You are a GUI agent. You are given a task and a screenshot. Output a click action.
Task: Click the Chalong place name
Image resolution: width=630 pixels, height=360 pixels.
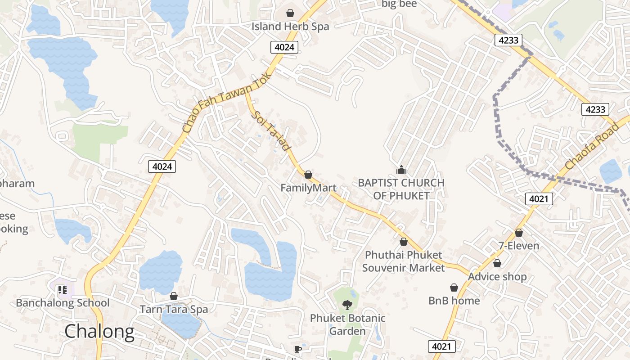click(99, 332)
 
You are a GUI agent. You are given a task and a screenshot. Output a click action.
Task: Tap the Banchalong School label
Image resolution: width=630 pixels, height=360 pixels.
click(63, 303)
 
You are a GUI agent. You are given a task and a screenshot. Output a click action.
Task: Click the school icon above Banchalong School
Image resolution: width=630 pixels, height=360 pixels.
click(62, 289)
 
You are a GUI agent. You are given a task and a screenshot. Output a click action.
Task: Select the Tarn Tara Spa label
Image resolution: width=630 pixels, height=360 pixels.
click(174, 309)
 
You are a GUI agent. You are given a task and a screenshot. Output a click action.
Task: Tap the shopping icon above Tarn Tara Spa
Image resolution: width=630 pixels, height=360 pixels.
click(174, 296)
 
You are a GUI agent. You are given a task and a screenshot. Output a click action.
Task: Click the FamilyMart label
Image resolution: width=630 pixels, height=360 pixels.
click(308, 188)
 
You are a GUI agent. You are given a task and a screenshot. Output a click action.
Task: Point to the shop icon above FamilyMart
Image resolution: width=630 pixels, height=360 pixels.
click(308, 175)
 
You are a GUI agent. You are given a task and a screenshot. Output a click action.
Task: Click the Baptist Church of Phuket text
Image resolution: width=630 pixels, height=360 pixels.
click(401, 189)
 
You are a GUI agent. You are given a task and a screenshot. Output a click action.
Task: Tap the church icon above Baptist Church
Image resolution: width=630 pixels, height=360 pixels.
click(401, 170)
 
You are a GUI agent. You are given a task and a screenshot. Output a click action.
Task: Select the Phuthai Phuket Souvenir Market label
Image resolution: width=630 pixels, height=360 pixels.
click(403, 261)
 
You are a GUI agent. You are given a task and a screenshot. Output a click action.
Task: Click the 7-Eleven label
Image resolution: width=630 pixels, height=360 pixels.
click(518, 246)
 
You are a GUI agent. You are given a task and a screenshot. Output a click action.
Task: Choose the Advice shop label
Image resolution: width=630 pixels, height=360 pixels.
click(497, 276)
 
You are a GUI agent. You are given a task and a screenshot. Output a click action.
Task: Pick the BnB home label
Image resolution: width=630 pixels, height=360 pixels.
click(454, 301)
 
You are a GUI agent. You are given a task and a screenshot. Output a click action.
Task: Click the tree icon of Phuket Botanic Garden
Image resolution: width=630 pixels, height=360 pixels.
click(347, 305)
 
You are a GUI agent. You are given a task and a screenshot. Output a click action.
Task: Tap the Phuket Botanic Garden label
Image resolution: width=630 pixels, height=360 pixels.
click(347, 324)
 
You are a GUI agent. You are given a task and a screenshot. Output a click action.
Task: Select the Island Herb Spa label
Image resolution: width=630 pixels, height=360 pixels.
click(290, 27)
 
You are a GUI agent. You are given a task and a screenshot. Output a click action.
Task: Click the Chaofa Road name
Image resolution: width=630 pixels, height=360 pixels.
click(592, 147)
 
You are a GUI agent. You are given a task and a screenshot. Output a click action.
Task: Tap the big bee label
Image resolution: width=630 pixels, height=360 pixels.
click(399, 4)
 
